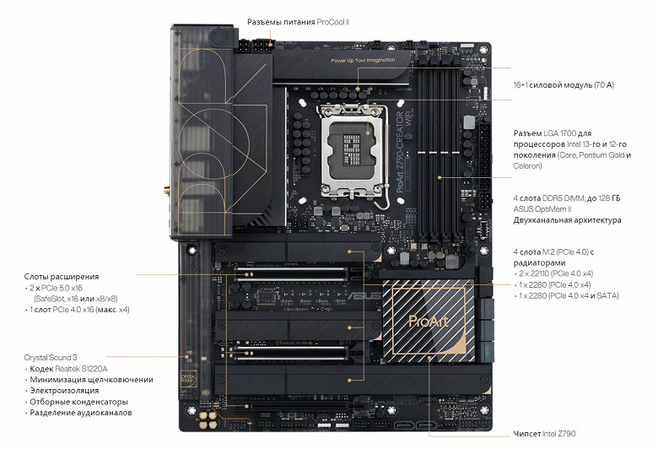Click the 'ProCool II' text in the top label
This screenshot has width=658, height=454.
click(332, 22)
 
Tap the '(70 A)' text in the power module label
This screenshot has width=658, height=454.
click(604, 85)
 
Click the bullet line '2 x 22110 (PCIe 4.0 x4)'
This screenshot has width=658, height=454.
click(556, 273)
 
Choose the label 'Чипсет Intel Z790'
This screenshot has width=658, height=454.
click(544, 434)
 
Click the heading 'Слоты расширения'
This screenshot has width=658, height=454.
click(62, 277)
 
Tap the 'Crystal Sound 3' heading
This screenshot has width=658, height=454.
click(51, 358)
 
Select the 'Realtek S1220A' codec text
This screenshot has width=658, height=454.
click(81, 369)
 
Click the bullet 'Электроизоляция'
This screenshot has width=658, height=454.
click(64, 391)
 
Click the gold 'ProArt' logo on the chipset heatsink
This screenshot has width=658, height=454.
click(428, 322)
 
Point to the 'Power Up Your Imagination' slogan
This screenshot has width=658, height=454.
click(363, 61)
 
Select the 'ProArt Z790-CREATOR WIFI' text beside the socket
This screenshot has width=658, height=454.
click(404, 151)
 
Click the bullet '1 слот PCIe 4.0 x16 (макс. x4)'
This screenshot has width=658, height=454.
click(79, 310)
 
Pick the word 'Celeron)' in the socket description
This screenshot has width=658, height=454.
click(527, 165)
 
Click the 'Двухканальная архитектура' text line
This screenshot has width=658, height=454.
click(568, 220)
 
